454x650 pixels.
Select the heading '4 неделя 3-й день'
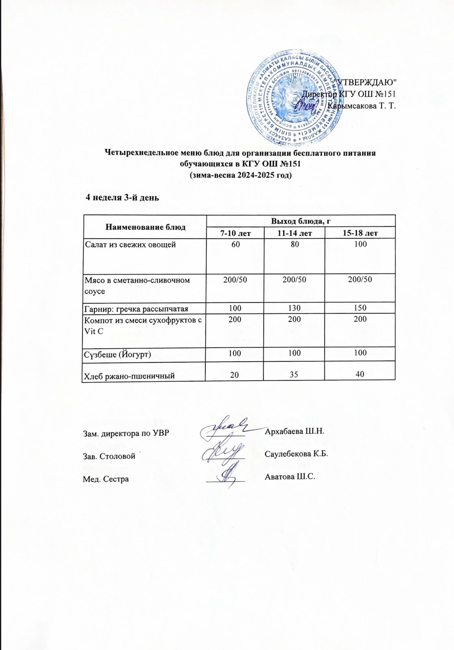tap(122, 198)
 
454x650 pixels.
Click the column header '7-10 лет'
tap(235, 233)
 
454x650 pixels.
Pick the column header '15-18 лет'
tap(360, 233)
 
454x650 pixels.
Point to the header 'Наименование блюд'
tap(145, 227)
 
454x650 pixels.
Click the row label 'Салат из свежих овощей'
tap(130, 245)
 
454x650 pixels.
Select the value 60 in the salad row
tap(236, 244)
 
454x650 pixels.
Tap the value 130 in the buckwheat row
tap(294, 308)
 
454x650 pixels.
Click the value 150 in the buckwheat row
tap(360, 308)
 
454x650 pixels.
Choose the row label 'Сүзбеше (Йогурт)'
tap(117, 354)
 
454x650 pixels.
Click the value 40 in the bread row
tap(360, 374)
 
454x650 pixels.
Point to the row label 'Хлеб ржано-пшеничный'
tap(129, 376)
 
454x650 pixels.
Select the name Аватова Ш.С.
tap(290, 477)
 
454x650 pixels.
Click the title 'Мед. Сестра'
tap(106, 479)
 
